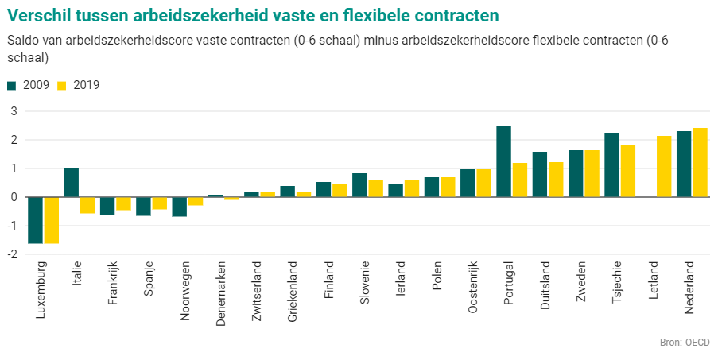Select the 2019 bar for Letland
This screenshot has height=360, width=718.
[x=663, y=166]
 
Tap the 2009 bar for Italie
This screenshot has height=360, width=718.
[x=72, y=182]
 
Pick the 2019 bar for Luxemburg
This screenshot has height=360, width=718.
[x=52, y=220]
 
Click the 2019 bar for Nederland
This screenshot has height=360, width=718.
[x=700, y=162]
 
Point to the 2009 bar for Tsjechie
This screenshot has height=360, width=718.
[x=611, y=165]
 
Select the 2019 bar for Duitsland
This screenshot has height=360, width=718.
[x=556, y=180]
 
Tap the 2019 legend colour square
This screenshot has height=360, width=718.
[x=62, y=85]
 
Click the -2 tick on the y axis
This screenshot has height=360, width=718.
[x=12, y=254]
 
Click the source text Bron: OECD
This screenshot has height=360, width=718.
[x=685, y=343]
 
